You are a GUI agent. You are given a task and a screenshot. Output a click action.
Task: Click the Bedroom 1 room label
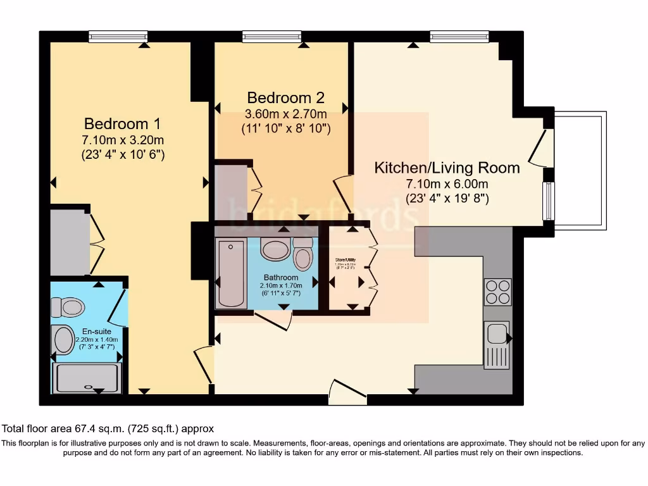tap(123, 123)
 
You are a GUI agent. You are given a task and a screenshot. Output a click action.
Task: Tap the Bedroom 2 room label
tap(285, 97)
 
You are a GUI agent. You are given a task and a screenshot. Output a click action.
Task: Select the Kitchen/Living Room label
tap(447, 168)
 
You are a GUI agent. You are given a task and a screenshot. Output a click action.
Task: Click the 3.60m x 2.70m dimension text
tap(285, 115)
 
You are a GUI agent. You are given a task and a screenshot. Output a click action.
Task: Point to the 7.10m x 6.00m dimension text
tap(447, 184)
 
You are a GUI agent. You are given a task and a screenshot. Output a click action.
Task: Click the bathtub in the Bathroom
tap(230, 273)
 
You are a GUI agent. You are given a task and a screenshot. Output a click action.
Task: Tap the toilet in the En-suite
tap(68, 308)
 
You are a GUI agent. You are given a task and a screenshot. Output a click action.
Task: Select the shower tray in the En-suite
tap(87, 378)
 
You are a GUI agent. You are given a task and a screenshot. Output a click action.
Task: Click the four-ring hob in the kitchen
tap(497, 292)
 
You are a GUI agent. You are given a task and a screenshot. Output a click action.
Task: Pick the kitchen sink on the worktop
tap(497, 344)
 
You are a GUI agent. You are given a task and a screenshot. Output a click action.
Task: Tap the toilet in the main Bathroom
tap(303, 255)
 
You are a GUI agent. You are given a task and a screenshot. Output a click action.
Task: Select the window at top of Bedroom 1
tap(118, 37)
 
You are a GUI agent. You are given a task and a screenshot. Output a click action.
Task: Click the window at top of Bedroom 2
tap(271, 37)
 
